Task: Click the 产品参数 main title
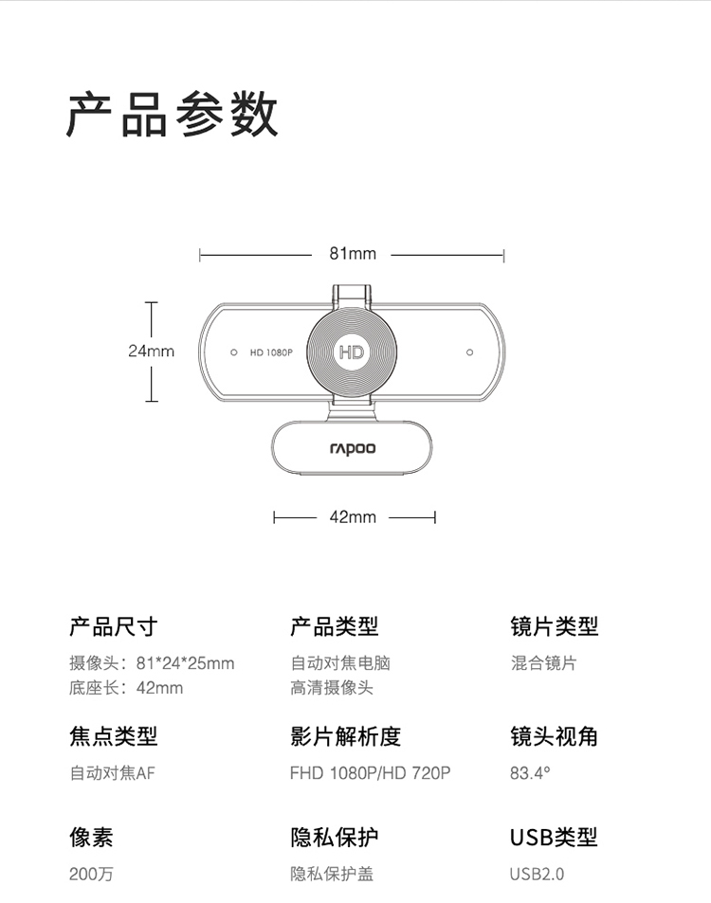click(173, 114)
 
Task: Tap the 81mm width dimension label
click(353, 253)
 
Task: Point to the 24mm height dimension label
click(151, 351)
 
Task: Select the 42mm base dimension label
click(353, 517)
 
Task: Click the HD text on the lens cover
click(352, 352)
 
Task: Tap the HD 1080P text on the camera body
click(271, 352)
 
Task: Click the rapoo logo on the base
click(353, 448)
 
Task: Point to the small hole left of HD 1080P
click(234, 352)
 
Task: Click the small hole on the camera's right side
click(469, 352)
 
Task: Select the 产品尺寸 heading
click(114, 626)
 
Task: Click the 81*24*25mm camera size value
click(186, 663)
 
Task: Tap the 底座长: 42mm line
click(126, 688)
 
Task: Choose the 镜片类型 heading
click(555, 626)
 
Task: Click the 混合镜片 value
click(543, 663)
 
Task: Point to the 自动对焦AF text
click(113, 773)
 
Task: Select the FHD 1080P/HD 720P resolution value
click(370, 773)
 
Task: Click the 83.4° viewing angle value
click(530, 773)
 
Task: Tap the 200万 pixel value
click(92, 874)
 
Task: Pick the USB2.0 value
click(537, 874)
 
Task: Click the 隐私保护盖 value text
click(332, 874)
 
